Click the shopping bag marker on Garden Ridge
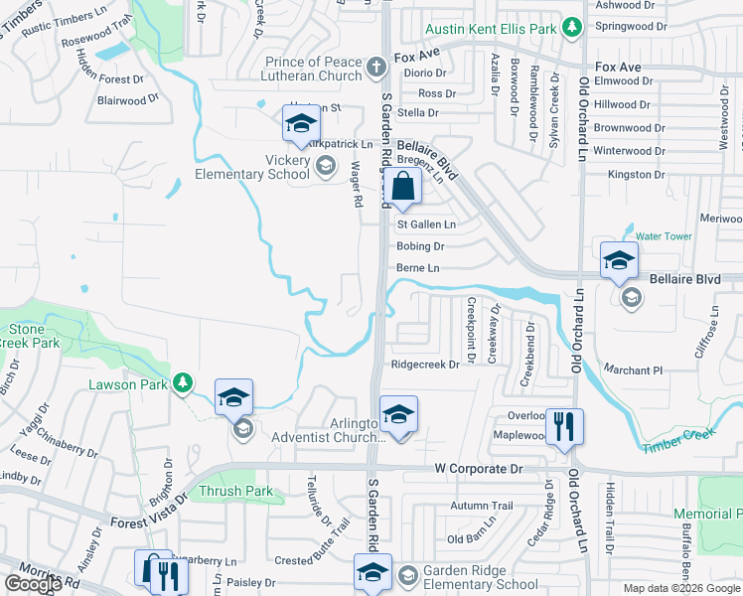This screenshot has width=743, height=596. [403, 187]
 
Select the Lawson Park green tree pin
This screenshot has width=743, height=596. [182, 381]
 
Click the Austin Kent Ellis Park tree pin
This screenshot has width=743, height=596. [572, 28]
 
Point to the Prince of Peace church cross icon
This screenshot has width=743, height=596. [375, 68]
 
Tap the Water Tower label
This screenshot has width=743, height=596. [663, 236]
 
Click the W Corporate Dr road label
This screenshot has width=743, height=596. [477, 467]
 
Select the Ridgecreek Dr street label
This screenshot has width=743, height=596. [425, 365]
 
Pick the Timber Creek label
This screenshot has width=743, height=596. [678, 442]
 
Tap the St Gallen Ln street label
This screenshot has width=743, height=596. [426, 224]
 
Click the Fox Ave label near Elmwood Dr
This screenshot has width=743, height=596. [618, 67]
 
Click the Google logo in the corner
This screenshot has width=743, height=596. [33, 584]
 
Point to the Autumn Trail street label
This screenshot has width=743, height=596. [481, 506]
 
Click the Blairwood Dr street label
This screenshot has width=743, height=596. [128, 99]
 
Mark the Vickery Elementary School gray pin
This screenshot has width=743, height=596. [325, 166]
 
